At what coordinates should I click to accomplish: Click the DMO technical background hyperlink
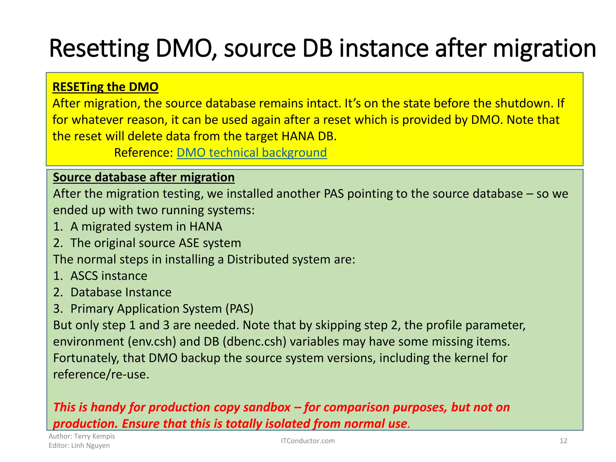[251, 153]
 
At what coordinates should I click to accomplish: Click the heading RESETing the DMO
[105, 87]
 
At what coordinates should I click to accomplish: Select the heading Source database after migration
[144, 177]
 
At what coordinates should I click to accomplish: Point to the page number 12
[563, 441]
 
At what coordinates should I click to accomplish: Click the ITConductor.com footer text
[307, 441]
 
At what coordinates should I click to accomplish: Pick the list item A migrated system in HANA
[146, 226]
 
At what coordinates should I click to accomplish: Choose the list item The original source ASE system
[156, 243]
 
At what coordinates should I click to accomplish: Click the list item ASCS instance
[109, 276]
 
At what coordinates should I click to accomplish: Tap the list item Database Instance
[121, 292]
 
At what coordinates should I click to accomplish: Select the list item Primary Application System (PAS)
[162, 309]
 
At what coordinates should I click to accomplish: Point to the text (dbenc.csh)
[254, 342]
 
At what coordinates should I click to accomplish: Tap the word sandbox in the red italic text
[267, 407]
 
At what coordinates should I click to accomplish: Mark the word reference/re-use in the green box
[101, 374]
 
